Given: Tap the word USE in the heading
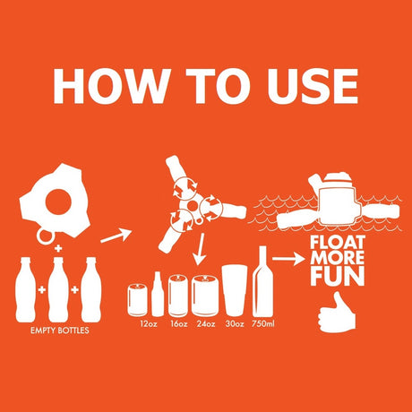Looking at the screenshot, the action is [312, 86].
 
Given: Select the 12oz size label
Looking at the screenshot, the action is [149, 323].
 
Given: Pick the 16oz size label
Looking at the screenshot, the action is [179, 323].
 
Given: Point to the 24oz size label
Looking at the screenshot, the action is [206, 323].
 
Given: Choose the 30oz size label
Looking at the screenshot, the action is [235, 323].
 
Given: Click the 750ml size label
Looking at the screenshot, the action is [262, 323].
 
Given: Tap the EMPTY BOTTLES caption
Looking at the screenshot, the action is [60, 330].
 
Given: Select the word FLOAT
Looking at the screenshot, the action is [338, 243].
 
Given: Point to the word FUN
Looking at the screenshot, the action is [338, 277].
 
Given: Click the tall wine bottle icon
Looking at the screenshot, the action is [262, 281].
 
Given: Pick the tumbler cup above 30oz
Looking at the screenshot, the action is [235, 290].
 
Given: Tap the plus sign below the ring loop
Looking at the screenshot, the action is [58, 248].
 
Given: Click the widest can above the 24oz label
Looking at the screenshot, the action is [205, 296].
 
